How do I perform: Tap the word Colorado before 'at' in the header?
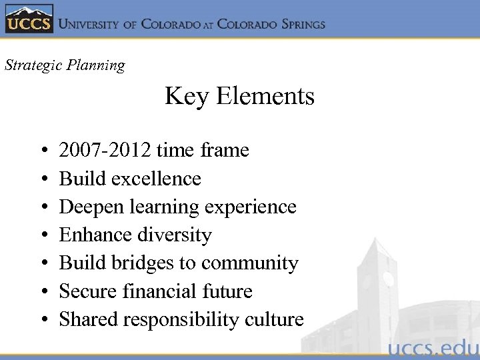tap(171, 24)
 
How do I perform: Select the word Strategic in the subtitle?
tap(31, 65)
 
